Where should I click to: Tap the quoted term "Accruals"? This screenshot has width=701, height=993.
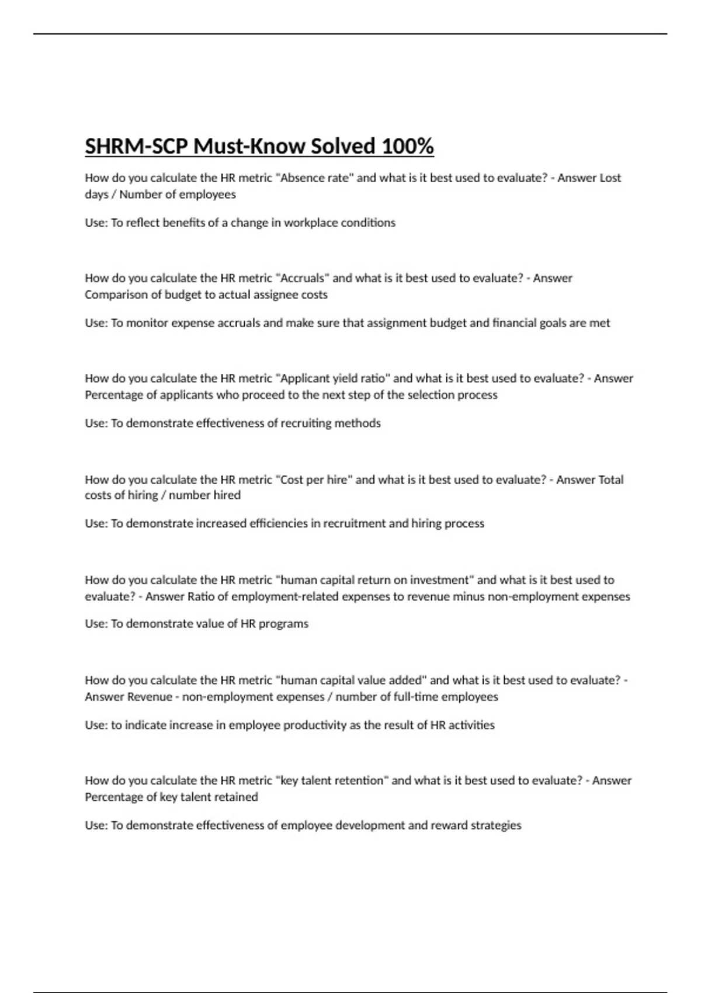302,278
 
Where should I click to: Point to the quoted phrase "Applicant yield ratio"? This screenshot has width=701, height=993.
333,379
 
